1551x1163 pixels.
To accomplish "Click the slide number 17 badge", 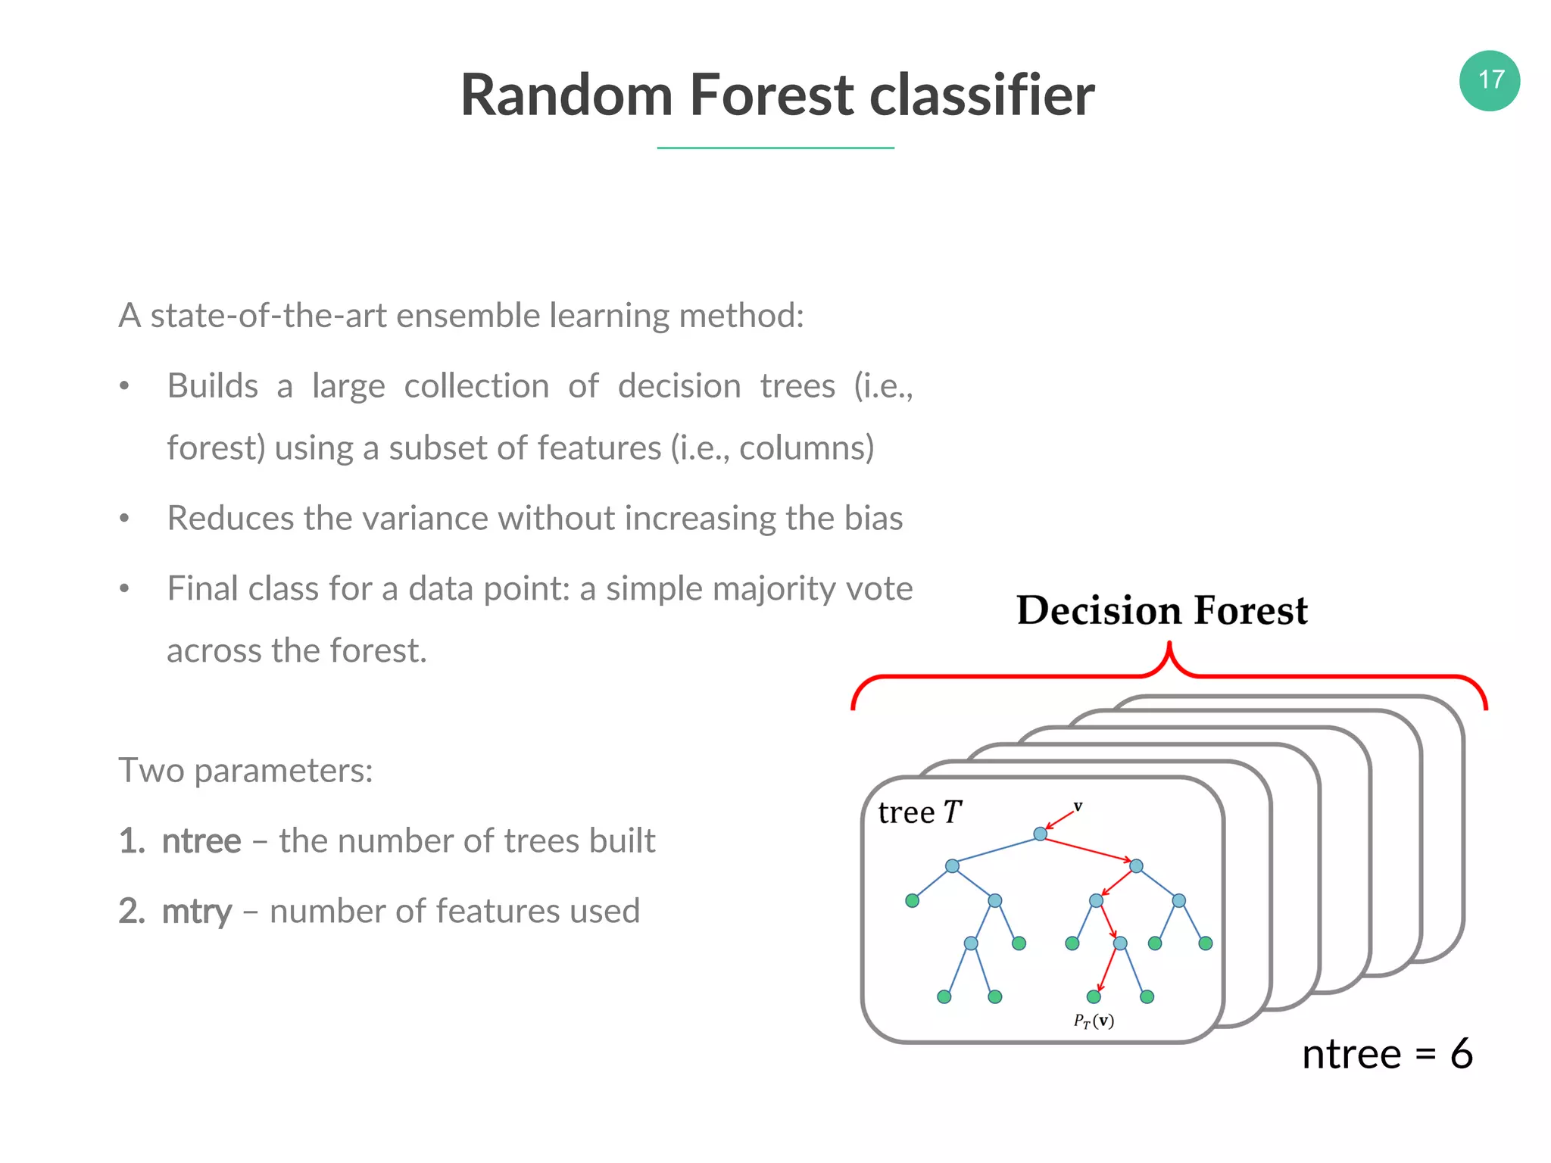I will click(x=1489, y=80).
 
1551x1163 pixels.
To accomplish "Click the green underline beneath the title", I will click(x=775, y=148).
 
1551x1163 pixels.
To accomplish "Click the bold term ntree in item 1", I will click(x=201, y=841).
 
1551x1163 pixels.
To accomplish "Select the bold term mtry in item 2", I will click(x=196, y=912).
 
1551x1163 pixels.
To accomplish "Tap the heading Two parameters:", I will click(x=245, y=771).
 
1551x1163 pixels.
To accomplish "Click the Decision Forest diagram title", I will click(x=1162, y=610).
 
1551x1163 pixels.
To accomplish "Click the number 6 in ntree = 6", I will click(x=1461, y=1054).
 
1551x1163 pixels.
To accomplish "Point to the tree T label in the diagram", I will click(x=919, y=812).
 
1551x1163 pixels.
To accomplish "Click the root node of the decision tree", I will click(x=1040, y=834).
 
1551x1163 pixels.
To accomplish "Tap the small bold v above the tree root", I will click(x=1078, y=806).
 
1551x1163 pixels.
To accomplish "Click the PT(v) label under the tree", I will click(x=1094, y=1021).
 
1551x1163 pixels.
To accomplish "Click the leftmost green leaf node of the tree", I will click(x=912, y=900).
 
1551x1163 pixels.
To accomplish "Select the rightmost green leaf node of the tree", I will click(x=1206, y=943).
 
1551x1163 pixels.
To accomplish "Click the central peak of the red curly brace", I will click(x=1169, y=648).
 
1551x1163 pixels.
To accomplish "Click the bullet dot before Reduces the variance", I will click(x=125, y=519).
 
